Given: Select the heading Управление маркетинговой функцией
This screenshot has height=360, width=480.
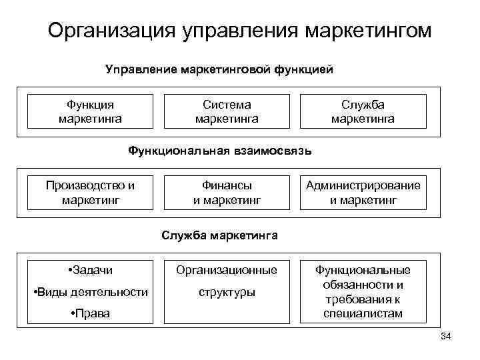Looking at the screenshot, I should click(x=219, y=69).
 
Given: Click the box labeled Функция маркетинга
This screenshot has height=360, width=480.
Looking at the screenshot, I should click(x=90, y=111).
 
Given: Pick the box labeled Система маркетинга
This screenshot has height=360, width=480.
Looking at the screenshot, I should click(x=227, y=111).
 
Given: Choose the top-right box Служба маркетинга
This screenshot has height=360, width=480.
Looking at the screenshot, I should click(x=363, y=111).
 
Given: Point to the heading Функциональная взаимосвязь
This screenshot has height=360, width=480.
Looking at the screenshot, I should click(x=219, y=151).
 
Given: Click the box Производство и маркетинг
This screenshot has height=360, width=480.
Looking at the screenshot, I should click(x=90, y=192).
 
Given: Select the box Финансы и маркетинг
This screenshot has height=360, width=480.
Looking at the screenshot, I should click(x=227, y=192).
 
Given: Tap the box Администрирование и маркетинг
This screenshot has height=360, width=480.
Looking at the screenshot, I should click(x=363, y=192).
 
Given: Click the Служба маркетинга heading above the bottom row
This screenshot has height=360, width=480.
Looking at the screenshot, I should click(x=219, y=235).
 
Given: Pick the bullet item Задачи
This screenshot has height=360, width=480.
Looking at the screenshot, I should click(x=91, y=270).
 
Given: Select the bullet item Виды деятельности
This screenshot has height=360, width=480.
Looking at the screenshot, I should click(x=91, y=292).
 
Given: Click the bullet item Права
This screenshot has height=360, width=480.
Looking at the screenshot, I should click(x=91, y=314).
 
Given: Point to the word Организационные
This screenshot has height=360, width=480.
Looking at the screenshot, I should click(x=227, y=270).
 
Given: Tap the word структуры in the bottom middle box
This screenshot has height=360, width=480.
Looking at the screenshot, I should click(x=227, y=292).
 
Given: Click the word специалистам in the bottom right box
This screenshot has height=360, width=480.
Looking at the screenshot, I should click(x=363, y=313).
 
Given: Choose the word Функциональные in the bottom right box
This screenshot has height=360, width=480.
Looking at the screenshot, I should click(x=363, y=270).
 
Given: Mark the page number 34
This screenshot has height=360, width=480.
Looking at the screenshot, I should click(x=446, y=336).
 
